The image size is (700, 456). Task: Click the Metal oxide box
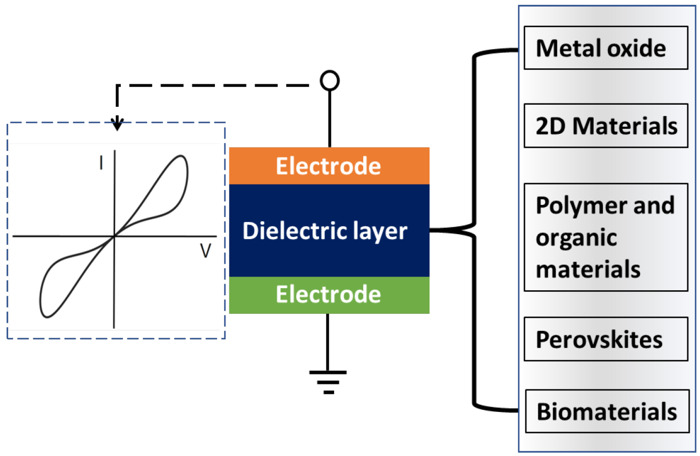pos(605,48)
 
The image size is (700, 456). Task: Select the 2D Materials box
pos(605,126)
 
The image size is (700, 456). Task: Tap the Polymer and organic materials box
pos(605,237)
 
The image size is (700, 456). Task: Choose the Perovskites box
pos(605,339)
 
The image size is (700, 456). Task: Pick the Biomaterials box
pos(606,411)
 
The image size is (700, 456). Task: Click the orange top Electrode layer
pos(329,166)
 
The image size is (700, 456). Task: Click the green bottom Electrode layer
pos(329,295)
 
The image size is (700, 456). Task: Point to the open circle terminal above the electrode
pos(330,81)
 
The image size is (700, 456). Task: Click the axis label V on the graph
pos(206,251)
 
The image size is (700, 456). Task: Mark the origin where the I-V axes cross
pos(114,236)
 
